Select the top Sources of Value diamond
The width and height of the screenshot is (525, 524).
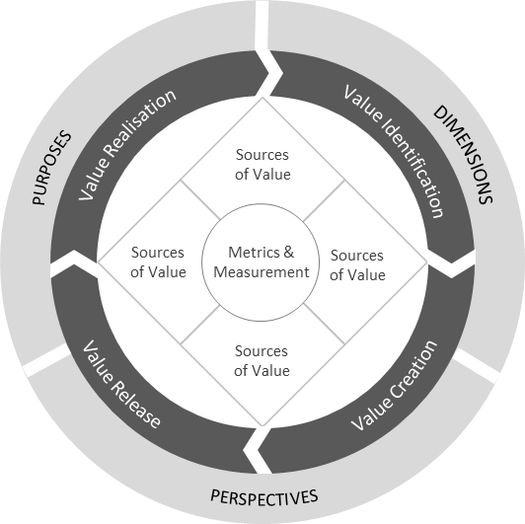tap(262, 164)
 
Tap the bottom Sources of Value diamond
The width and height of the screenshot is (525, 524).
tap(262, 360)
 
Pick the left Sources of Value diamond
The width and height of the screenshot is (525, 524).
tap(158, 262)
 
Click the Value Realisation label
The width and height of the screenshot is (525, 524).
tap(127, 144)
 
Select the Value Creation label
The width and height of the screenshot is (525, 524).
tap(394, 386)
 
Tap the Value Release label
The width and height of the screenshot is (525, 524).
tap(121, 384)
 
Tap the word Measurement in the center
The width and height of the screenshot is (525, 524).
tap(262, 272)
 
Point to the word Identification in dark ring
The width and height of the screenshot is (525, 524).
tap(409, 167)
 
